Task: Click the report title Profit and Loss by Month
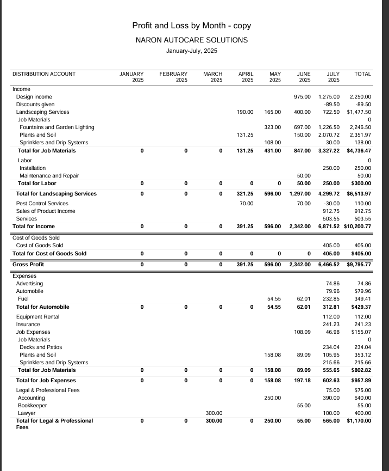(191, 26)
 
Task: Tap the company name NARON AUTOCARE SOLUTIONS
(191, 40)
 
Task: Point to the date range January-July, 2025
(191, 51)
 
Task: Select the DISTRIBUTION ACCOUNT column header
(44, 74)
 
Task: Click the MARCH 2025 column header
(212, 77)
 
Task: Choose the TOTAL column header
(362, 74)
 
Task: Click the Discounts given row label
(35, 104)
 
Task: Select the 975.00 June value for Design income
(302, 96)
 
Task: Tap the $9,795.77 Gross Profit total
(359, 265)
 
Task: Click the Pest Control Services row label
(42, 203)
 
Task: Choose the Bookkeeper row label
(33, 406)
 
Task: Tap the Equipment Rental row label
(38, 316)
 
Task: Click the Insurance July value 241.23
(331, 324)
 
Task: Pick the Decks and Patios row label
(41, 347)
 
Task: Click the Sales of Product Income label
(46, 211)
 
